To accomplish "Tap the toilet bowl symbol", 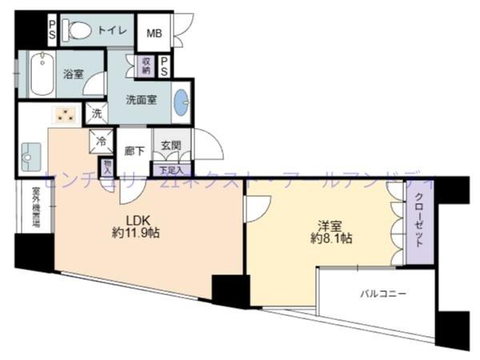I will click(77, 30).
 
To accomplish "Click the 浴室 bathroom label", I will click(74, 74).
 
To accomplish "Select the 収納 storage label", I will click(146, 66).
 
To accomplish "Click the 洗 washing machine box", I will click(97, 114).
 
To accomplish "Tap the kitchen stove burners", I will click(64, 116).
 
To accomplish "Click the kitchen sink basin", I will click(32, 154).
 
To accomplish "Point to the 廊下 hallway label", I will click(134, 150).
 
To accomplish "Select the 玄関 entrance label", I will click(170, 146).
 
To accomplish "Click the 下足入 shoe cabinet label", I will click(170, 170).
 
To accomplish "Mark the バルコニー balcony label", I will click(382, 293).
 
